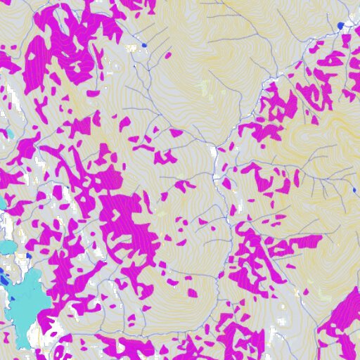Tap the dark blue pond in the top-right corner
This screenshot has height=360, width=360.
340,25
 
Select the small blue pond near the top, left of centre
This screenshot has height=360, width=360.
143,45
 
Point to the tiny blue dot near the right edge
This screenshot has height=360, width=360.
354,190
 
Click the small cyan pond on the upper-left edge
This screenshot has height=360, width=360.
10,132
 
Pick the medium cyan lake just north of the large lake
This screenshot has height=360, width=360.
10,248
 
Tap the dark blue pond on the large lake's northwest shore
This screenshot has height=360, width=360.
4,279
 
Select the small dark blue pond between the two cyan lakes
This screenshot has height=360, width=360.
3,268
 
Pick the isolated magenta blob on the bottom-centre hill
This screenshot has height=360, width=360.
192,292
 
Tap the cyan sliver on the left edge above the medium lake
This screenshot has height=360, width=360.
2,204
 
